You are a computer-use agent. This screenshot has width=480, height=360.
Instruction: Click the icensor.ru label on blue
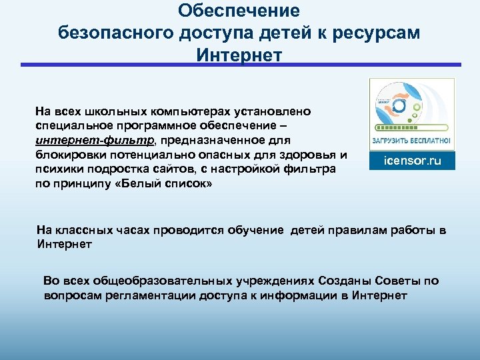click(x=411, y=161)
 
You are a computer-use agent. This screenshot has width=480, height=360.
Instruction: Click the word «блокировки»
click(x=68, y=155)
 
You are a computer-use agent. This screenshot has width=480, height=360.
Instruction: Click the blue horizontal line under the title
click(x=240, y=65)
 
